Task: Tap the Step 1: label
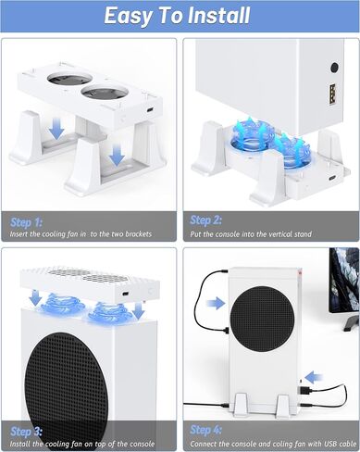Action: coord(26,222)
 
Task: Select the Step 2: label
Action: coord(205,220)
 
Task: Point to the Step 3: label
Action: coord(26,432)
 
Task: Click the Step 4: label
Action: coord(205,430)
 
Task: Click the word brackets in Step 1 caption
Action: coord(139,234)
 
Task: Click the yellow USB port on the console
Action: coord(332,94)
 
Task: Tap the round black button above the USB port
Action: coord(334,68)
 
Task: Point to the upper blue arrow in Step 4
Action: coord(216,303)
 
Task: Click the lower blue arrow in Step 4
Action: coord(314,377)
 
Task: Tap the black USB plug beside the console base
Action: coord(304,390)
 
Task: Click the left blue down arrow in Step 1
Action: coord(56,129)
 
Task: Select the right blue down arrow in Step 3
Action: coord(139,310)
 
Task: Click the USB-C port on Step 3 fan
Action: coord(125,294)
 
